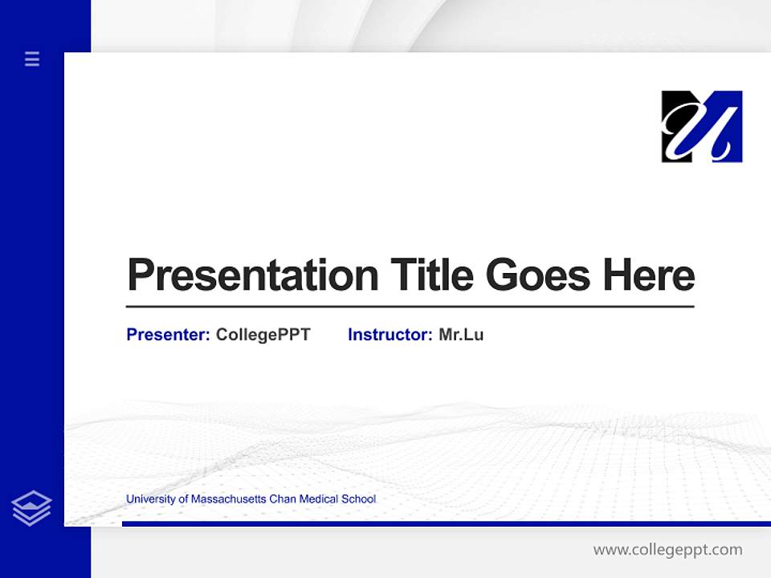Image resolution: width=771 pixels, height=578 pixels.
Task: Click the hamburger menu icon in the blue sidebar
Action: click(x=32, y=59)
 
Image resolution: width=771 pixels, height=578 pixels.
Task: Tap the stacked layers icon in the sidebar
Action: click(x=31, y=508)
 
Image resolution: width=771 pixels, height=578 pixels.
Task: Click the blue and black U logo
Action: click(x=701, y=126)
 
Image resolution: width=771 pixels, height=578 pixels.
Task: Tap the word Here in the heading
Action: click(x=649, y=275)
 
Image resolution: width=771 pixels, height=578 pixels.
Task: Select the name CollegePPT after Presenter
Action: click(x=263, y=335)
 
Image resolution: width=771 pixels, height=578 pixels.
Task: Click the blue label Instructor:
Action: click(x=390, y=335)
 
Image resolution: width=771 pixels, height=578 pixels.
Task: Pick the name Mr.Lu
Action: click(x=461, y=335)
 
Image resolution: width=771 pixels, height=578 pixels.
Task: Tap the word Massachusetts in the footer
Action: click(x=228, y=499)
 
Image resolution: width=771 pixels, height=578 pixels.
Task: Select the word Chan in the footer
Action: click(x=283, y=499)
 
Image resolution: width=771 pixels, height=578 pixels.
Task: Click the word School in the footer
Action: click(x=359, y=499)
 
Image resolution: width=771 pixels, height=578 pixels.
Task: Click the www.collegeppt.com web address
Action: click(x=667, y=550)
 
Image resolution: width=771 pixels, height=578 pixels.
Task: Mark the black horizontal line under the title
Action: click(x=410, y=307)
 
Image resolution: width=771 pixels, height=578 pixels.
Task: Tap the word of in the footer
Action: click(x=183, y=499)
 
